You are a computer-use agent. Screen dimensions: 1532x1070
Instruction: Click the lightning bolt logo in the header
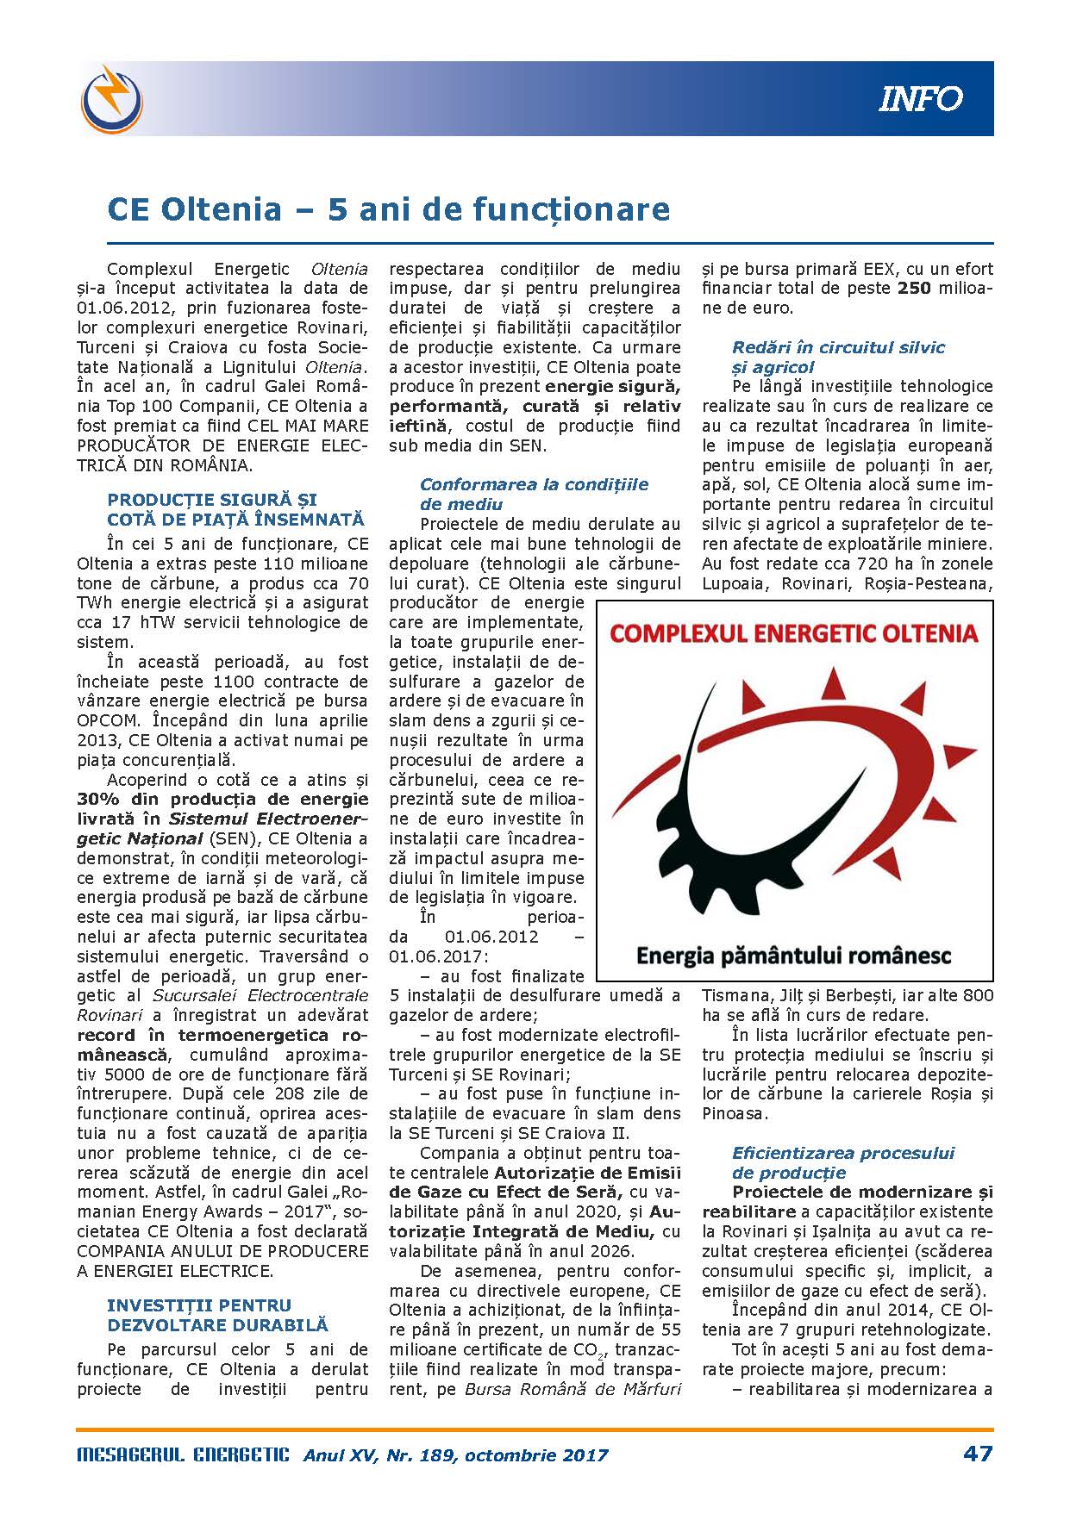coord(112,97)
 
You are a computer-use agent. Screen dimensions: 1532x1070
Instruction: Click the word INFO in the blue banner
coord(920,99)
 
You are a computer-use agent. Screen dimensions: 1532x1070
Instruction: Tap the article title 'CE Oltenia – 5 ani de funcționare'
coord(388,209)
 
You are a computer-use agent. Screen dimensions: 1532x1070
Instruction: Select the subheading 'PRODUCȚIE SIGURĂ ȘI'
coord(212,500)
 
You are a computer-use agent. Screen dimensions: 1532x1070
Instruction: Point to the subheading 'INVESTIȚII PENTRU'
coord(199,1305)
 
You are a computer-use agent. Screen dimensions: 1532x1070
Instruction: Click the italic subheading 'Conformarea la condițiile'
coord(534,484)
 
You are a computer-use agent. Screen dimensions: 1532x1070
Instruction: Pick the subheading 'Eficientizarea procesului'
coord(843,1153)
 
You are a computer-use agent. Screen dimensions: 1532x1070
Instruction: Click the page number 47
coord(978,1454)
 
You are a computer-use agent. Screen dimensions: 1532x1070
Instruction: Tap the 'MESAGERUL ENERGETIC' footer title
coord(184,1454)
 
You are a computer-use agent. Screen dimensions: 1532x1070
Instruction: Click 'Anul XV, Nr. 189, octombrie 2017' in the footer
coord(455,1455)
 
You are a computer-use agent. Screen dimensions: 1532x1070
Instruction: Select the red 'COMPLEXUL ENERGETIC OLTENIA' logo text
coord(794,633)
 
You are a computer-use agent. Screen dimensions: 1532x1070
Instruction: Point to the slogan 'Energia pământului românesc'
coord(793,956)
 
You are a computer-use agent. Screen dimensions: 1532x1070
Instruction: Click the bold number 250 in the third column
coord(914,289)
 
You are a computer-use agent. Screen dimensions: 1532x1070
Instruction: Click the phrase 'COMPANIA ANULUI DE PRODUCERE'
coord(222,1251)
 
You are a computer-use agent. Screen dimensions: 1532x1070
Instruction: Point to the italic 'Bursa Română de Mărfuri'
coord(573,1389)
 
